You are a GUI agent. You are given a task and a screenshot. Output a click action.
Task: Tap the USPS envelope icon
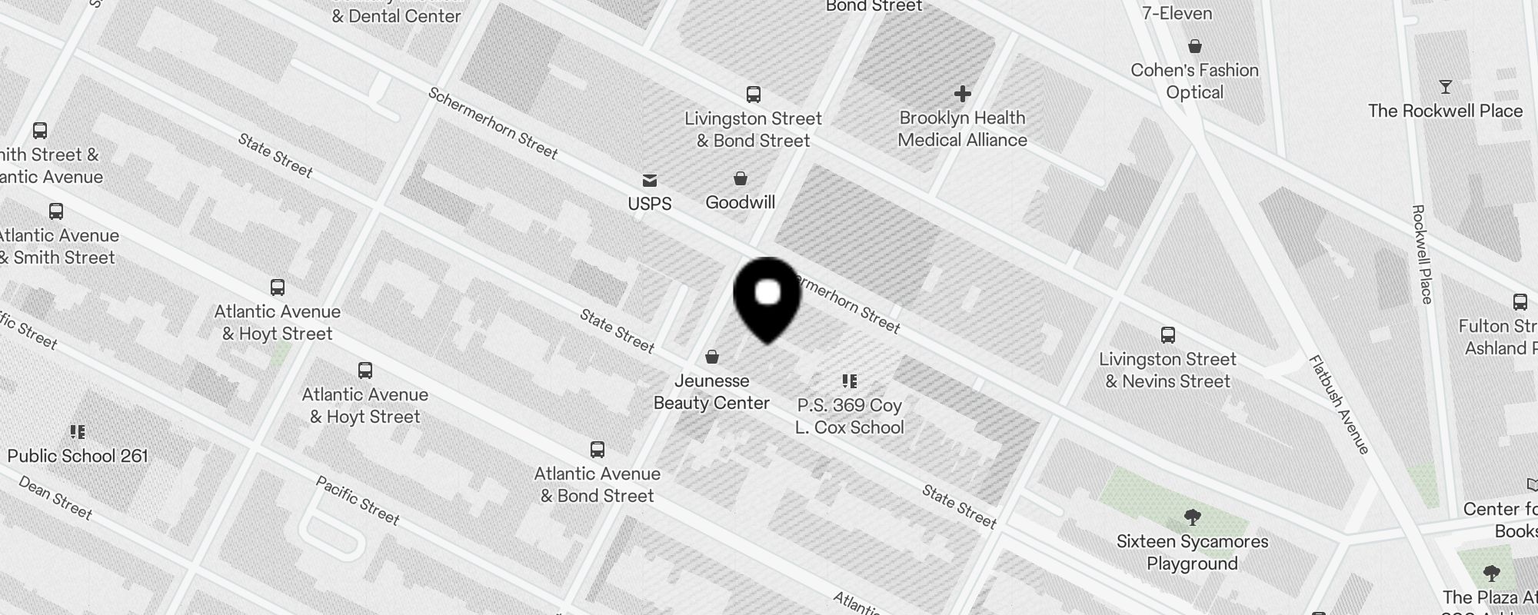pyautogui.click(x=650, y=181)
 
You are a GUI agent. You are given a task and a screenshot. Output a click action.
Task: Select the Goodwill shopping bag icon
pyautogui.click(x=741, y=179)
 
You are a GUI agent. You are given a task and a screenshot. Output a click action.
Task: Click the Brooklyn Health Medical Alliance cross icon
pyautogui.click(x=962, y=95)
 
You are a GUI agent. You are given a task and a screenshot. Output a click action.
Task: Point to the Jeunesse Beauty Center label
pyautogui.click(x=711, y=392)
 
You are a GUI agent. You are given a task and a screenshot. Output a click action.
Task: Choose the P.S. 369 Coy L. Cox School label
pyautogui.click(x=850, y=416)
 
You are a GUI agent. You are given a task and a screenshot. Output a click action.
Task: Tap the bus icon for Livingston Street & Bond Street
pyautogui.click(x=754, y=95)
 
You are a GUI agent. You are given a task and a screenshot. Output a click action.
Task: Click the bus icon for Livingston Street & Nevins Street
pyautogui.click(x=1167, y=335)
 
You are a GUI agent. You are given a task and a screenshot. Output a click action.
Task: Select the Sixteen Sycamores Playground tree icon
pyautogui.click(x=1193, y=517)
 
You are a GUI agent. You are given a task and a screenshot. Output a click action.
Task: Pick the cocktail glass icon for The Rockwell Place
pyautogui.click(x=1446, y=88)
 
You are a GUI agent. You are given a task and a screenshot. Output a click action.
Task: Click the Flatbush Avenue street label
pyautogui.click(x=1339, y=404)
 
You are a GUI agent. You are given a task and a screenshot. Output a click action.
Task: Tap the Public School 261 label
pyautogui.click(x=78, y=456)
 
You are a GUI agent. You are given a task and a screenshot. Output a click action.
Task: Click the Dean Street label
pyautogui.click(x=55, y=497)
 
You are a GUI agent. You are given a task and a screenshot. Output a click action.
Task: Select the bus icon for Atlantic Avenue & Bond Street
pyautogui.click(x=598, y=450)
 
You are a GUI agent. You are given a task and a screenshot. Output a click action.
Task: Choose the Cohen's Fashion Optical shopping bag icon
pyautogui.click(x=1195, y=47)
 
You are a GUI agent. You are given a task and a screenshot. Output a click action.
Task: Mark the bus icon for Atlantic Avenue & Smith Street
pyautogui.click(x=56, y=211)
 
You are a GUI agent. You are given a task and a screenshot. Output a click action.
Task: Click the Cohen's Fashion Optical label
pyautogui.click(x=1194, y=81)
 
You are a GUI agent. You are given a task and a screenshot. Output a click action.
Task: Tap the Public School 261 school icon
pyautogui.click(x=78, y=432)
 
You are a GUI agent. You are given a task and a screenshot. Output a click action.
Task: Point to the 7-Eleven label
pyautogui.click(x=1177, y=13)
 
